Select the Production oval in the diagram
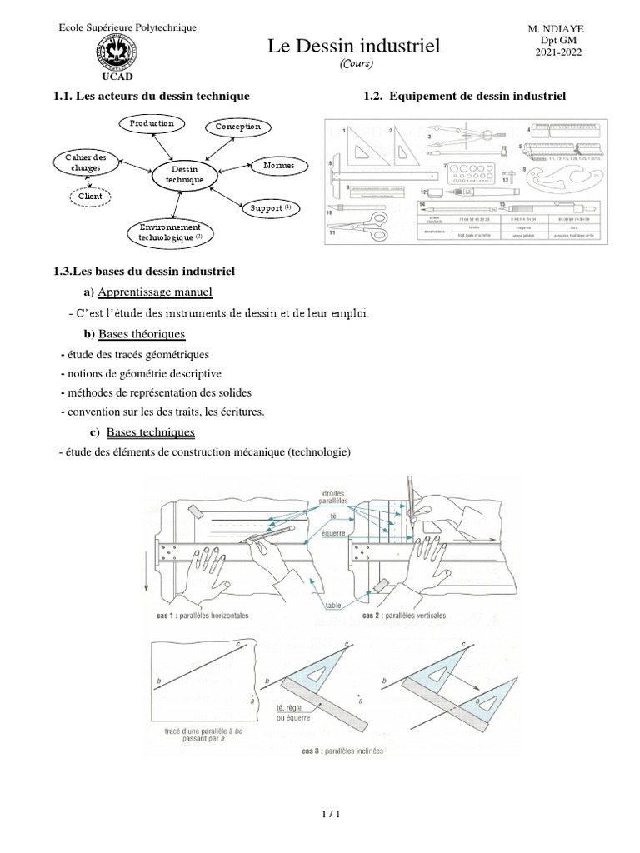point(151,123)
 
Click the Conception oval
point(237,127)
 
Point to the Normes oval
point(278,166)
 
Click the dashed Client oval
point(90,197)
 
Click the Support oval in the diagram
point(266,206)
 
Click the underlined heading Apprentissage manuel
point(155,292)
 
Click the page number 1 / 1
point(320,816)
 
